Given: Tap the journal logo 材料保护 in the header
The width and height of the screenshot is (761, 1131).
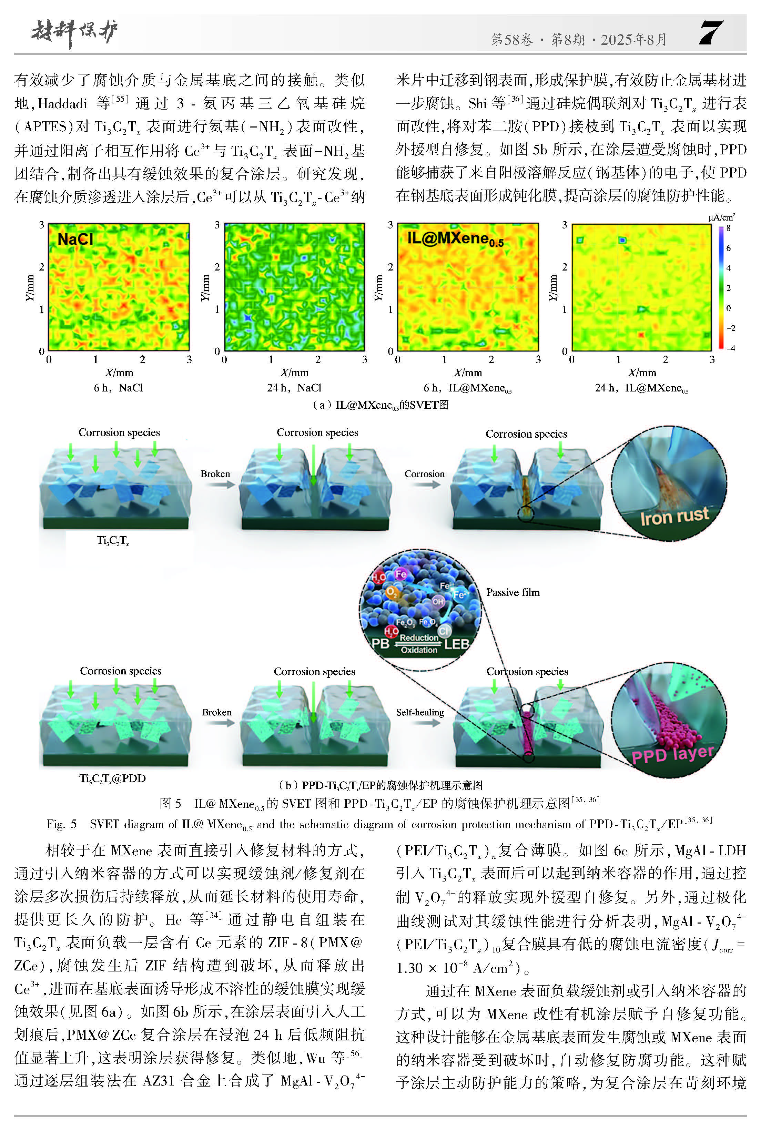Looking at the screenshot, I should [x=74, y=33].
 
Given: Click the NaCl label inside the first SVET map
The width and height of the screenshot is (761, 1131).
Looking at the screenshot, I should [x=75, y=239].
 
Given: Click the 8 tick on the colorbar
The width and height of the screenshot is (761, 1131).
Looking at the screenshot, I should [x=728, y=228].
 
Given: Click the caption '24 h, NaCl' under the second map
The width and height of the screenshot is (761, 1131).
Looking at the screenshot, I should [x=294, y=388].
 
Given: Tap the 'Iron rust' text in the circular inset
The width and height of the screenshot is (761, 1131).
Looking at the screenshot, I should [x=674, y=516].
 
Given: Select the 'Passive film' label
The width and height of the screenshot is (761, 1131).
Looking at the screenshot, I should [x=513, y=592].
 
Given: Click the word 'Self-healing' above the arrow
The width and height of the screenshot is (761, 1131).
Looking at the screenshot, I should [x=420, y=712].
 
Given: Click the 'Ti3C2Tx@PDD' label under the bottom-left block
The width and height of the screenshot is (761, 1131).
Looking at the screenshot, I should [x=113, y=778].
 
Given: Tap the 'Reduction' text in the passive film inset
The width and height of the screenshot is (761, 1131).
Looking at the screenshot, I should [x=418, y=638].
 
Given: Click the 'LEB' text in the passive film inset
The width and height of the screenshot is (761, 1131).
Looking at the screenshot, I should [x=456, y=644].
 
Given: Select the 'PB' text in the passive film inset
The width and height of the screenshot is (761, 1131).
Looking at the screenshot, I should [x=380, y=643].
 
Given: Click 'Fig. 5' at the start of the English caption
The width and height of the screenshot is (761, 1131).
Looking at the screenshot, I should [x=62, y=824].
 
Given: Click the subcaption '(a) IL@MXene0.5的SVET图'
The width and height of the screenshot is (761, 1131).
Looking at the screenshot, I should [x=380, y=405].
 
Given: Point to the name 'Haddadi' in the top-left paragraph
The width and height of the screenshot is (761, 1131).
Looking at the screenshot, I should [x=63, y=103].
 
